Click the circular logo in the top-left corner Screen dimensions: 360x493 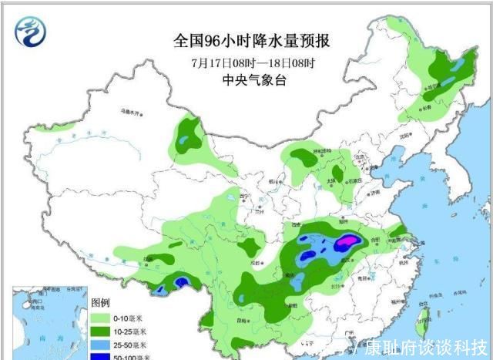pyautogui.click(x=30, y=31)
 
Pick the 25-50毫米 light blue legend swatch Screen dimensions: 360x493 pyautogui.click(x=101, y=344)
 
